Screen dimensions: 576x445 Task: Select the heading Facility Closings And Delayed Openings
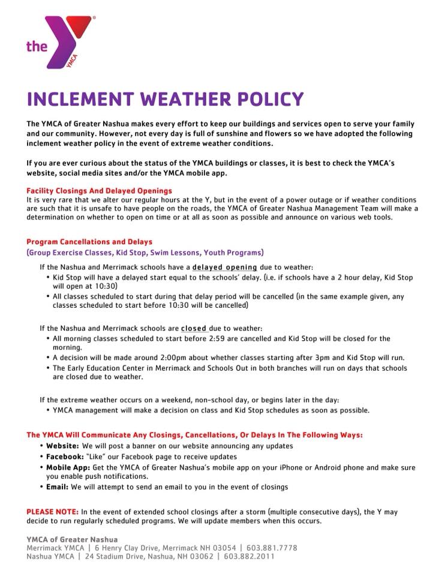(x=99, y=190)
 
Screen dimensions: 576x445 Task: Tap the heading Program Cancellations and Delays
(x=89, y=242)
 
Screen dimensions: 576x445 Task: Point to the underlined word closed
(x=194, y=328)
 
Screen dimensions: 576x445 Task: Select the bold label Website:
(x=62, y=446)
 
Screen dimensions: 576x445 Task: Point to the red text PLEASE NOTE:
(x=53, y=511)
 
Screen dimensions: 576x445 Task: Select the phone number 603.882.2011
(x=249, y=557)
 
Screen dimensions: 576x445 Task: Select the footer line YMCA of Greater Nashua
(x=72, y=539)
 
